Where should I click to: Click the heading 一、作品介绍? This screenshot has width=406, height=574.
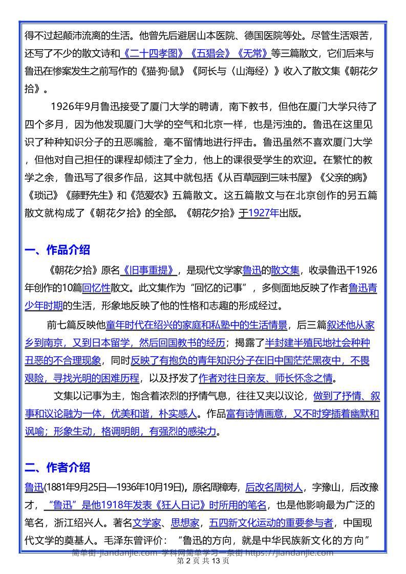click(57, 250)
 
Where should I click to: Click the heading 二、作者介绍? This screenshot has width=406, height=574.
click(57, 467)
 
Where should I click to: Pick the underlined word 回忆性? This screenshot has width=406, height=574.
click(96, 288)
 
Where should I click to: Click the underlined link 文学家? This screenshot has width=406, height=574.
click(147, 523)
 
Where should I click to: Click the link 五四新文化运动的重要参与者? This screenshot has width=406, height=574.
click(271, 523)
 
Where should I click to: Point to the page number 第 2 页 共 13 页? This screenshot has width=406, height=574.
click(203, 561)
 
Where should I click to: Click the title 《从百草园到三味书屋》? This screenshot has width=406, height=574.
click(270, 178)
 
